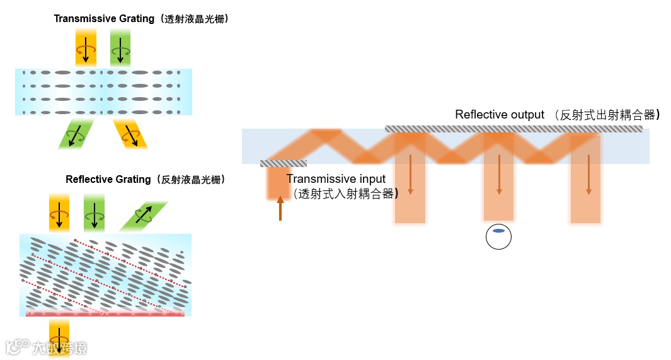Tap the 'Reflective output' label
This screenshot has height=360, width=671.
(x=499, y=115)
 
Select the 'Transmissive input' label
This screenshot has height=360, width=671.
(x=335, y=180)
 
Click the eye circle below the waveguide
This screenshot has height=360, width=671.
(x=498, y=237)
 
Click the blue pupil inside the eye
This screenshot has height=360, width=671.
(x=498, y=231)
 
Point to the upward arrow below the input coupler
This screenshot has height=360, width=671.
(x=280, y=208)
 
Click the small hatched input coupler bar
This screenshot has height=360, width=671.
(x=283, y=164)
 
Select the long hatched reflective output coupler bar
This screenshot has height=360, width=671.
(x=513, y=129)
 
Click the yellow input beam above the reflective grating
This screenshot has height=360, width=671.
(x=59, y=213)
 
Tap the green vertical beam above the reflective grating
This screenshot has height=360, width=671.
(x=94, y=213)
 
